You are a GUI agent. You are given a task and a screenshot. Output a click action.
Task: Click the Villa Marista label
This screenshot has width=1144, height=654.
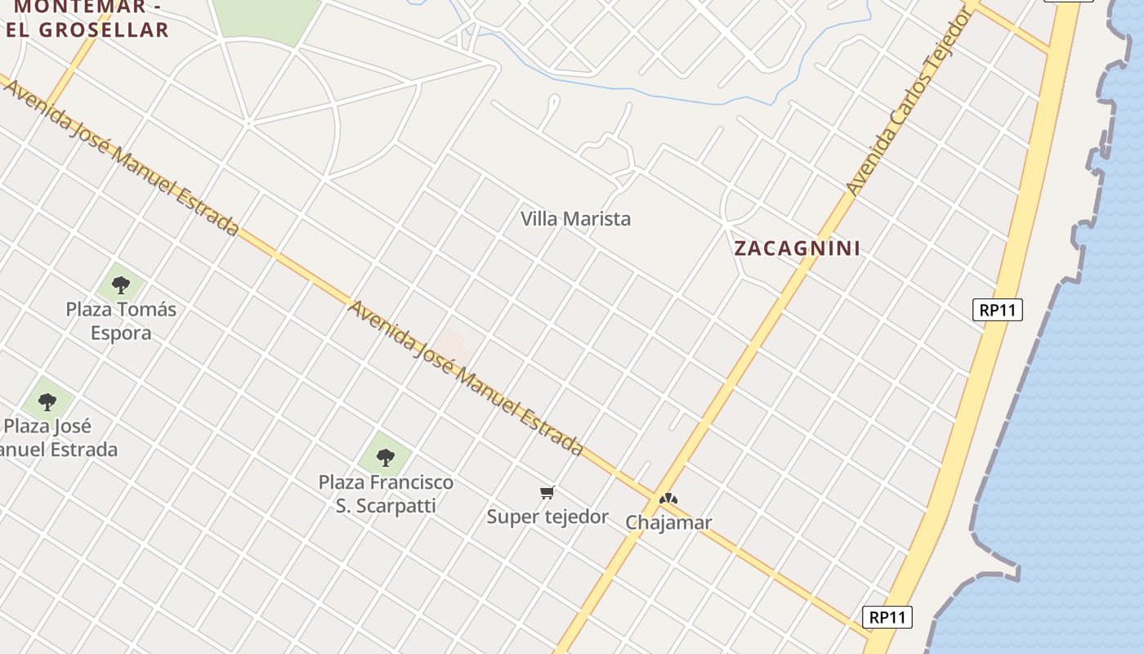(576, 219)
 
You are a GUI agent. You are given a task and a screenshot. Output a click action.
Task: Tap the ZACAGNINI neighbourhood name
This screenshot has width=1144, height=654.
(797, 249)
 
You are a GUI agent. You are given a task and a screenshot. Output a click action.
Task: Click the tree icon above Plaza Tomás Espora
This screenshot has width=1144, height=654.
(121, 285)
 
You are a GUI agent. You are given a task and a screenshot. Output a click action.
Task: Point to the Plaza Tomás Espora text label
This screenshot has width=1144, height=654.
(121, 321)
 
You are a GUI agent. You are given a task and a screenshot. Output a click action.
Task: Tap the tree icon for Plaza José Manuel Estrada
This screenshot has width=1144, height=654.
(47, 401)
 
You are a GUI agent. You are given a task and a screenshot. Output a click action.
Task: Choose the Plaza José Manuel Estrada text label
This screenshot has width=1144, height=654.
(57, 437)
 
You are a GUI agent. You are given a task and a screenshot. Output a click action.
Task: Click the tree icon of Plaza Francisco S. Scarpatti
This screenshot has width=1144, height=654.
(386, 457)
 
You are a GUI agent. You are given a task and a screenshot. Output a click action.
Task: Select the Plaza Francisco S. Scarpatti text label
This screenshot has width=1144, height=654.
(386, 494)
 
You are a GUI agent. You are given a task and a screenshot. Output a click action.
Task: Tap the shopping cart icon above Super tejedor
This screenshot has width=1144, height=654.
(547, 492)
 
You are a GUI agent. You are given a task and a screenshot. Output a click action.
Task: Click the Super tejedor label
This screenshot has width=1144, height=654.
(547, 517)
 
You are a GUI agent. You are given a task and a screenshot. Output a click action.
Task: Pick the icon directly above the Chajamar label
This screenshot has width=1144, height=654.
(668, 498)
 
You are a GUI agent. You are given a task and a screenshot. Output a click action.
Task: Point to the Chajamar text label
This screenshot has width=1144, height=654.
(668, 522)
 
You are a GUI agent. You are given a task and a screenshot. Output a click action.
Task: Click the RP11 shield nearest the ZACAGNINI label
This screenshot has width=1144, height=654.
(998, 310)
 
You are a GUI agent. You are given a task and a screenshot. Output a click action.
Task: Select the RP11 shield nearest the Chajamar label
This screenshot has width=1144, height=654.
(887, 617)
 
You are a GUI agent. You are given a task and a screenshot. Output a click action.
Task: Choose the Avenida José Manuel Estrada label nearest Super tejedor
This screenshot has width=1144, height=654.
(466, 378)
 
